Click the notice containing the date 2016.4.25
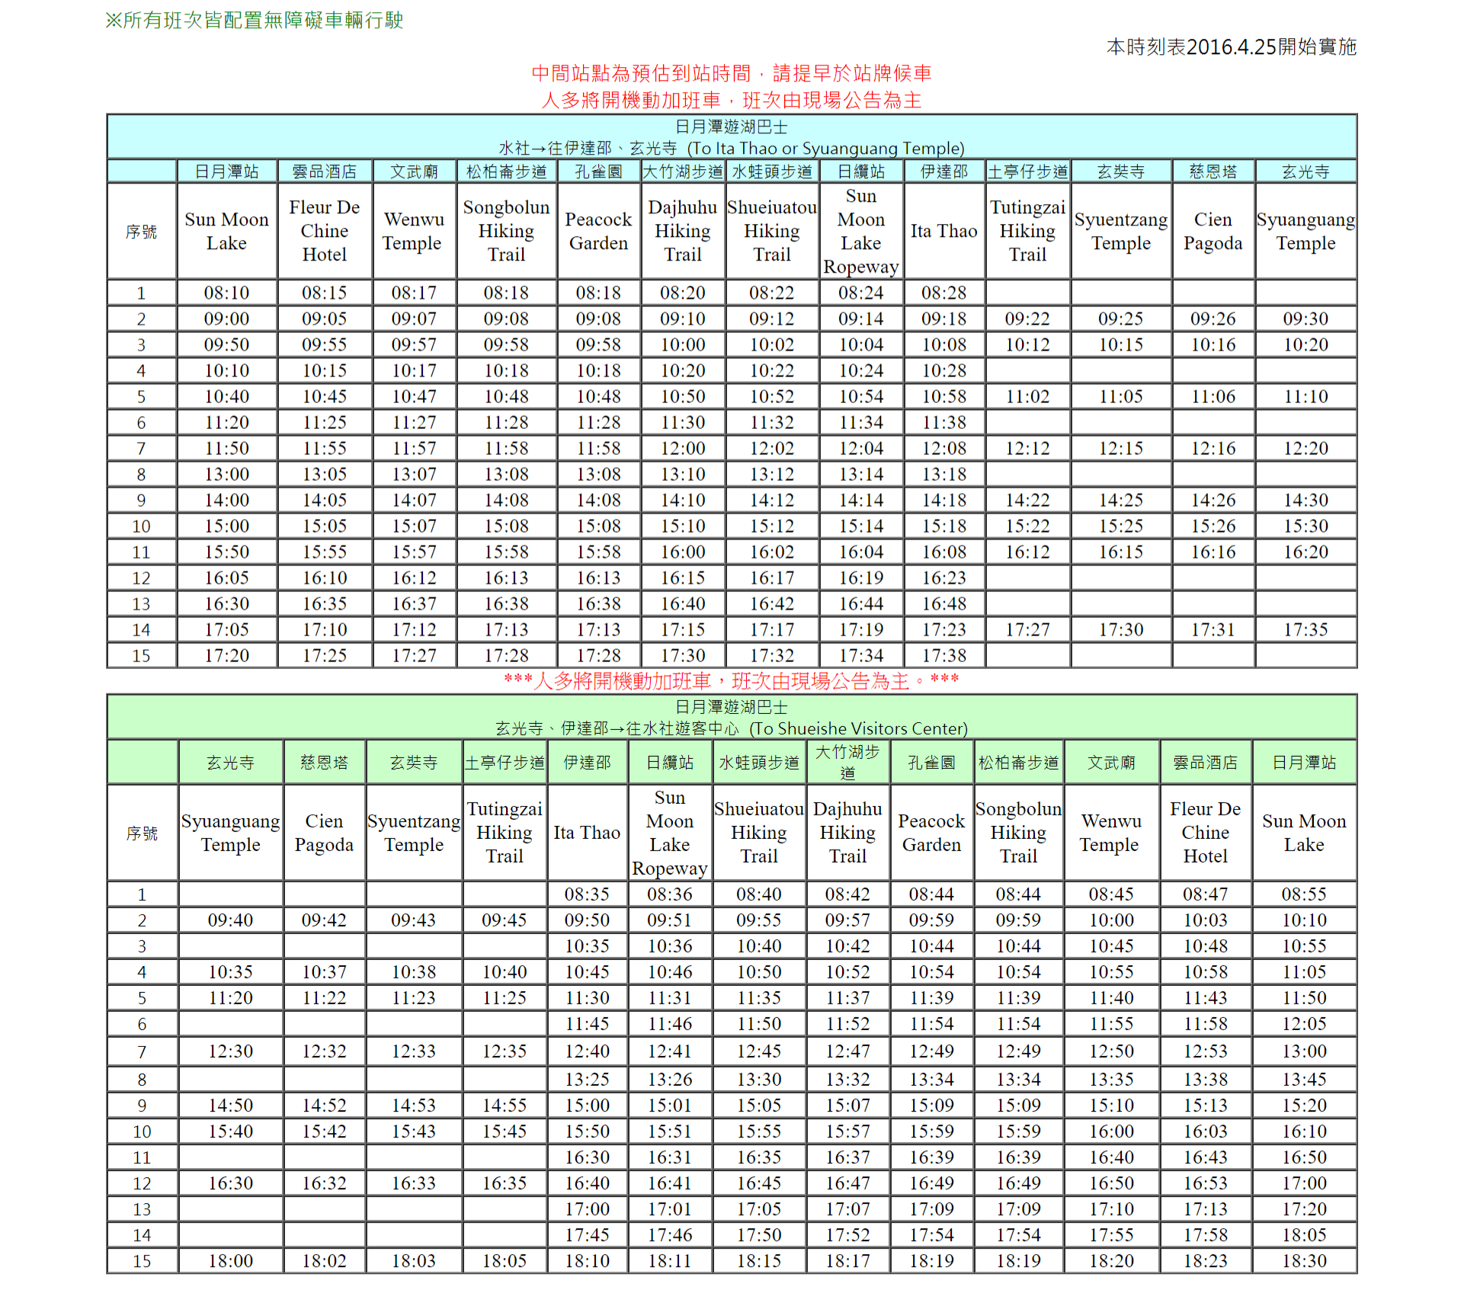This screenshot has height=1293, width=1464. click(x=1231, y=47)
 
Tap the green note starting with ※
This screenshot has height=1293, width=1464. click(x=254, y=21)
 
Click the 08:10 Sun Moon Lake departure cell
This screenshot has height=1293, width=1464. click(x=226, y=293)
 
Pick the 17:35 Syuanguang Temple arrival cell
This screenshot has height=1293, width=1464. click(x=1305, y=630)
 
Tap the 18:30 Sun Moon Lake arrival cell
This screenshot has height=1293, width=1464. click(x=1303, y=1261)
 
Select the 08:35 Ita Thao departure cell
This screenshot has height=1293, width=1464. click(x=587, y=895)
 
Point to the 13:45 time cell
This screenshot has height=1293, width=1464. click(x=1303, y=1080)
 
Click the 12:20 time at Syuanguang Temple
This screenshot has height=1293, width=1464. click(x=1305, y=449)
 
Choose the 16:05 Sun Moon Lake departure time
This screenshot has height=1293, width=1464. click(x=226, y=578)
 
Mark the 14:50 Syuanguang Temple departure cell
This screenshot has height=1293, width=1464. click(x=230, y=1106)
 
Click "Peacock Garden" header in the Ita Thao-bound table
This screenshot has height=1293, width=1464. click(x=598, y=231)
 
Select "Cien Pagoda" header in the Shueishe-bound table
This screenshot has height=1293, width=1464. click(x=324, y=833)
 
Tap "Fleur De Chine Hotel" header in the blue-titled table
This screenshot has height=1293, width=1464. click(x=324, y=231)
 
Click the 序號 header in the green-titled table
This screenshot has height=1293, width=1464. click(x=142, y=833)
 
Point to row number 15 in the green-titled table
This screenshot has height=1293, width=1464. click(x=142, y=1261)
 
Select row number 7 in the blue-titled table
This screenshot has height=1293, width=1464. click(x=141, y=449)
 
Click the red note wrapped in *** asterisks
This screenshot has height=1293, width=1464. click(x=731, y=681)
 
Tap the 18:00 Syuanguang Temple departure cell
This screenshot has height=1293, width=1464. click(x=230, y=1261)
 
